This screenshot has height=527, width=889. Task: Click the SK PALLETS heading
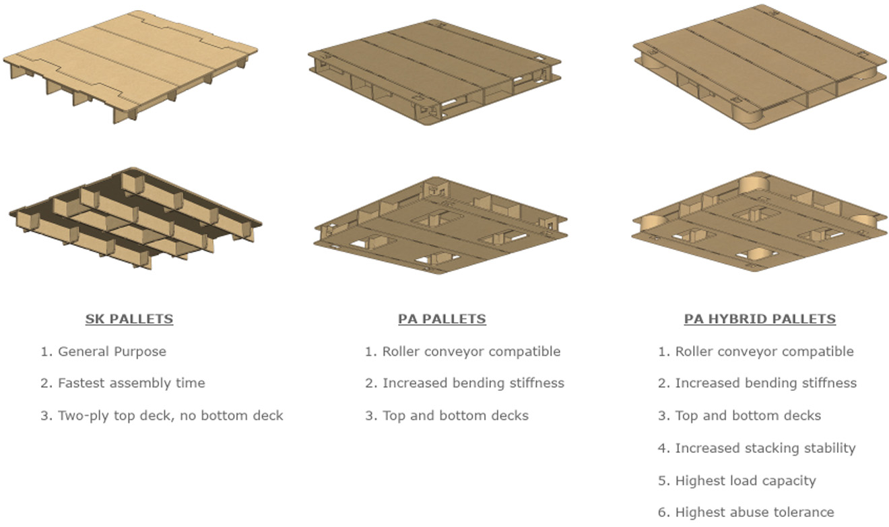click(129, 319)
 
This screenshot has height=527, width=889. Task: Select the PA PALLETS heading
click(442, 319)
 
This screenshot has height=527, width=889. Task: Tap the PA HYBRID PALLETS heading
click(760, 319)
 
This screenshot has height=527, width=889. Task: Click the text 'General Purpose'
click(112, 351)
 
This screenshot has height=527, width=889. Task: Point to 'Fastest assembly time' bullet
click(131, 383)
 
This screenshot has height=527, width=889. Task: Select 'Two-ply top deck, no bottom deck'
click(170, 415)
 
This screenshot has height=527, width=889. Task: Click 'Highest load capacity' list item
click(745, 480)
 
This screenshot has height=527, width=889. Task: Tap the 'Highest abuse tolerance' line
click(754, 512)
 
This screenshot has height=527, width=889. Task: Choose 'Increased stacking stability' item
click(765, 448)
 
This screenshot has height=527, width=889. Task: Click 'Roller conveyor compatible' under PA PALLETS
click(471, 351)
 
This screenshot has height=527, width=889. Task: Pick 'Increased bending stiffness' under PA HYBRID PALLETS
click(766, 383)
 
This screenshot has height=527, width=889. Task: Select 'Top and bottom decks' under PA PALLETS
click(455, 415)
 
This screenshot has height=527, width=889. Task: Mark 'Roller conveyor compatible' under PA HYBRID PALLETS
click(764, 351)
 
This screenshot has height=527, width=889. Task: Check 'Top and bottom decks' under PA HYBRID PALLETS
click(748, 415)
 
